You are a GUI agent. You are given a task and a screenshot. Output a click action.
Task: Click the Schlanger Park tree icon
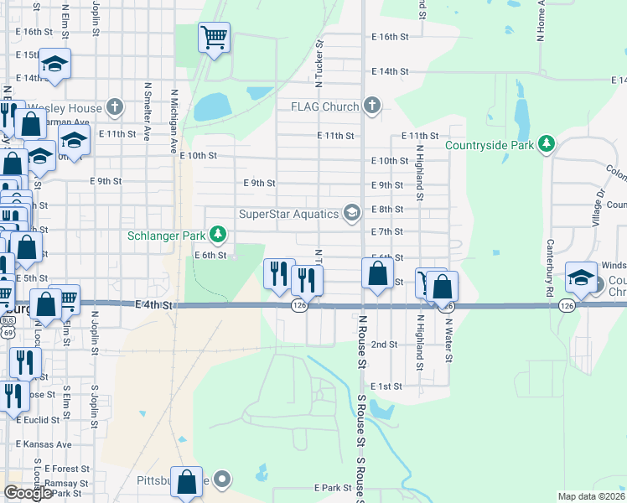click(x=218, y=233)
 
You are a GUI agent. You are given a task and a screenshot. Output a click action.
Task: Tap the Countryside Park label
click(x=490, y=145)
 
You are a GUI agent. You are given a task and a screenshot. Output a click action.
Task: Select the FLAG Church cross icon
click(x=372, y=106)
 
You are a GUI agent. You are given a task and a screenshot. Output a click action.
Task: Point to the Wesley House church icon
click(x=115, y=107)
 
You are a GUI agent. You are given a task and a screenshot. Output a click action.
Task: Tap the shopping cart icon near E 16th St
click(x=214, y=37)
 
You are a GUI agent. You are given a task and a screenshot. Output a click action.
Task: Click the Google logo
click(x=28, y=493)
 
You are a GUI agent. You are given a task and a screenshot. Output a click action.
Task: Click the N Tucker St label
click(x=319, y=68)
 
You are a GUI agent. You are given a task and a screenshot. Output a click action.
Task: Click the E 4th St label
click(x=153, y=306)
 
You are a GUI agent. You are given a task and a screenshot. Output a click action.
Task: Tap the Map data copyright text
click(x=591, y=496)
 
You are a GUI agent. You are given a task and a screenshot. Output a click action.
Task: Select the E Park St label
click(x=332, y=487)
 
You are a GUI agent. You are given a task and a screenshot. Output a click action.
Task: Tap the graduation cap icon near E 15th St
click(x=54, y=64)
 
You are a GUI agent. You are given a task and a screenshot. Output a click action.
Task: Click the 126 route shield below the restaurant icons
click(x=299, y=307)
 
